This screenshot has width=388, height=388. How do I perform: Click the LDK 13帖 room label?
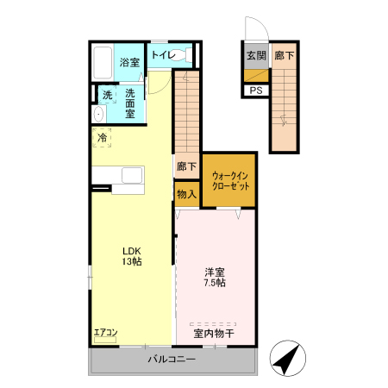tap(132, 256)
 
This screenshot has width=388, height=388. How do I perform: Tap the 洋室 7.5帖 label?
tap(215, 278)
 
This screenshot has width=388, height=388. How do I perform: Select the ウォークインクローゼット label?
tap(230, 181)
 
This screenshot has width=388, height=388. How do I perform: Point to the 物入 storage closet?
tap(187, 194)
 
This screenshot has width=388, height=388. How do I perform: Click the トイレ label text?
tap(163, 54)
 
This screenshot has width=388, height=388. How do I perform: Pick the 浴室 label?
tap(129, 62)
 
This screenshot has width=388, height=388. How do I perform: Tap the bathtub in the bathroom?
tap(103, 63)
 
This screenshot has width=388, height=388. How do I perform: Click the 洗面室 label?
tap(130, 103)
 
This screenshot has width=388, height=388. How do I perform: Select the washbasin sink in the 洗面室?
tap(98, 114)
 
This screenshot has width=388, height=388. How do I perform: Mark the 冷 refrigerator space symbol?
tap(102, 138)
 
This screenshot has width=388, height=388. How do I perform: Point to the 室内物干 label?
tap(214, 334)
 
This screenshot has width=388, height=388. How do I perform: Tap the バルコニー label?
tap(172, 359)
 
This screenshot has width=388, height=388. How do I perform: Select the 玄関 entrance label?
tap(256, 55)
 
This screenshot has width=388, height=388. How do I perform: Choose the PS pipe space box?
tap(256, 91)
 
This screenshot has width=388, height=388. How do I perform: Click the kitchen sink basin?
tap(132, 175)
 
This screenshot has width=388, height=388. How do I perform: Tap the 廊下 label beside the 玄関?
tap(284, 55)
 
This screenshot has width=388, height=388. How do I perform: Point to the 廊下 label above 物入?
tap(187, 166)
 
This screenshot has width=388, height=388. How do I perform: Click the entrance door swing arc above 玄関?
tap(260, 23)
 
